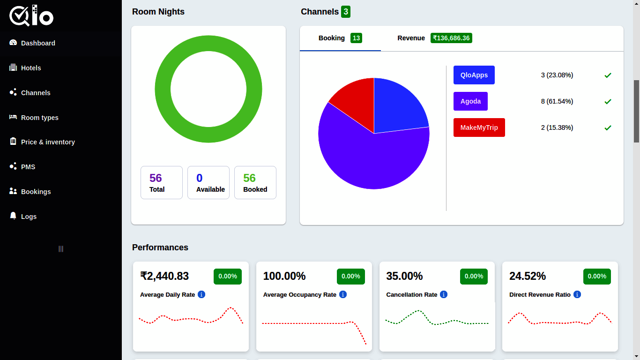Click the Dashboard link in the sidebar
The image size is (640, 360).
[x=38, y=43]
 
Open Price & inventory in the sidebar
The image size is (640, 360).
[x=47, y=142]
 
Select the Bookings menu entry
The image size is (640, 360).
[x=36, y=192]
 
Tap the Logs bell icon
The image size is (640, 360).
[x=13, y=216]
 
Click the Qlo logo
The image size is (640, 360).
[x=31, y=16]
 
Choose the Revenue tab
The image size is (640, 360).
[x=411, y=38]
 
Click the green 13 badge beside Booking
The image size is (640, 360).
[x=356, y=38]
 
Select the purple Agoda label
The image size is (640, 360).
[x=470, y=101]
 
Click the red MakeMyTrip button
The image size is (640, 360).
[x=479, y=127]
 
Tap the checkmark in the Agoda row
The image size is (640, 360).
[x=608, y=102]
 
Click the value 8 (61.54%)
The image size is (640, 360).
[x=557, y=101]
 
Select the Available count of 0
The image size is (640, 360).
[x=200, y=178]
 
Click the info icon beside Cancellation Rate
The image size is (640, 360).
[x=444, y=294]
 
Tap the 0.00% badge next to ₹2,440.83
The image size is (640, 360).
[x=227, y=276]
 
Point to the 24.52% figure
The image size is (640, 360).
[x=527, y=276]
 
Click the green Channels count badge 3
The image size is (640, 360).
[x=345, y=12]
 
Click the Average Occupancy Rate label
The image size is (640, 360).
[x=299, y=295]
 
